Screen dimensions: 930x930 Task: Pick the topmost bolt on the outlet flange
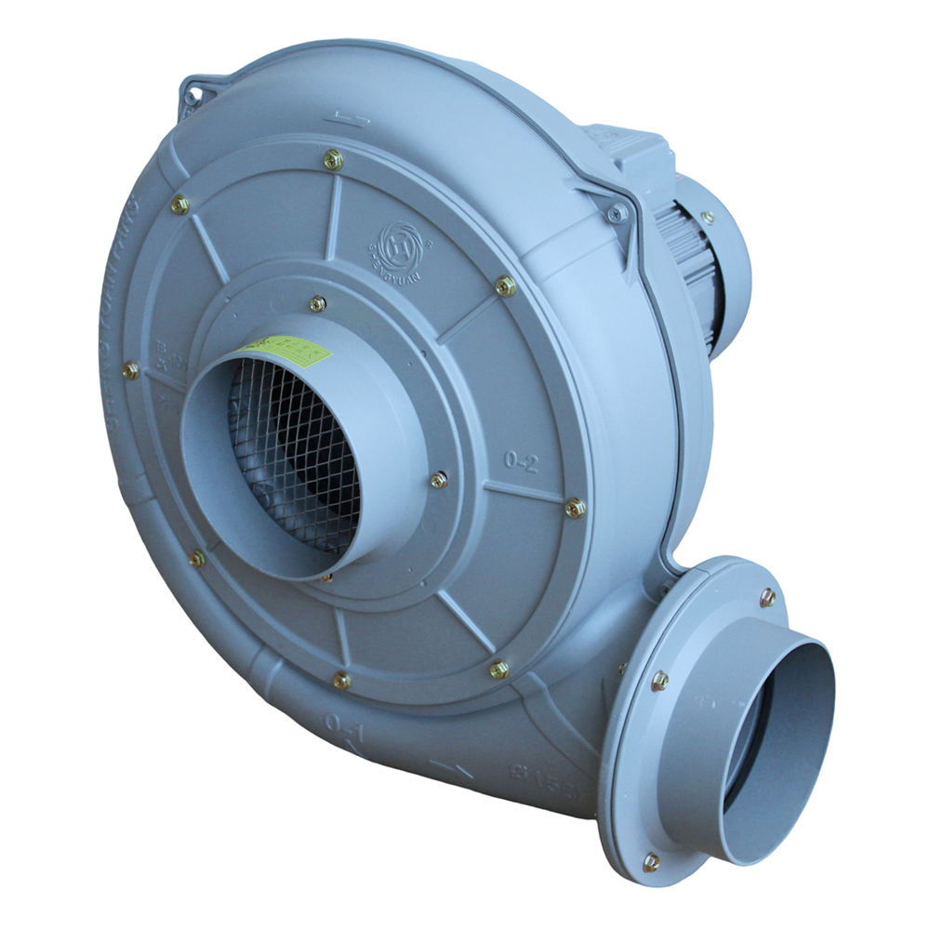coord(768,597)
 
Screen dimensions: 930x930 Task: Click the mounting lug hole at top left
coord(193,96)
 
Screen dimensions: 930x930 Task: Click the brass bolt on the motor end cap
coord(708,218)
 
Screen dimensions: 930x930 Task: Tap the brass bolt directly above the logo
coord(334,161)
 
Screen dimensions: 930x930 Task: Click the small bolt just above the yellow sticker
coord(318,303)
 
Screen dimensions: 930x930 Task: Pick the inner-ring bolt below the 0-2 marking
coord(439,480)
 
